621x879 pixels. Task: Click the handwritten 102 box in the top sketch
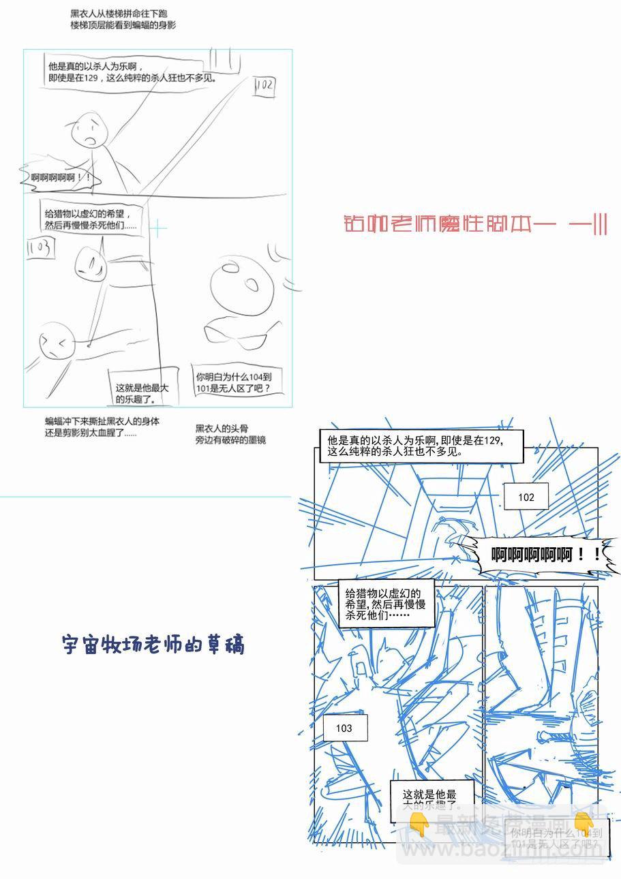[264, 86]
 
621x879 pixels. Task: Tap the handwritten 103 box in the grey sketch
[39, 249]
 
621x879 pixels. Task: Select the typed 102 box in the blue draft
[526, 497]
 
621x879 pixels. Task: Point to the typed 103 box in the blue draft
[344, 728]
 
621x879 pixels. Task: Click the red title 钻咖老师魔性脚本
[476, 224]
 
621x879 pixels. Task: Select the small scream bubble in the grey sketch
[61, 179]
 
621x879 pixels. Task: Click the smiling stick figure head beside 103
[89, 264]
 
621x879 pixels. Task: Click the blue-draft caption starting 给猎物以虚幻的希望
[385, 604]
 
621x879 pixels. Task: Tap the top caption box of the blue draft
[421, 446]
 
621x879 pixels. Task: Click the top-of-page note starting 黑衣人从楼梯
[123, 19]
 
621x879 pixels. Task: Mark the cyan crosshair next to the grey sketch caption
[157, 229]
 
